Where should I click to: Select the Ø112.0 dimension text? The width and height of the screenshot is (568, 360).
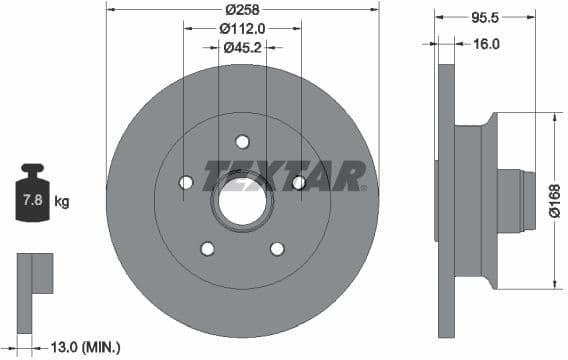click(242, 28)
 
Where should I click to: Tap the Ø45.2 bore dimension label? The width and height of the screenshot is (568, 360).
click(242, 47)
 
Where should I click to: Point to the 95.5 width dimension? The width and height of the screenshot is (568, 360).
click(485, 17)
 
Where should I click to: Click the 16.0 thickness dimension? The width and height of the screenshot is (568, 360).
click(486, 44)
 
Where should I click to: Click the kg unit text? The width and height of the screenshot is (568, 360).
click(62, 202)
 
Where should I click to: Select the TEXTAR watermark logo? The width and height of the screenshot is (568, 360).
click(285, 176)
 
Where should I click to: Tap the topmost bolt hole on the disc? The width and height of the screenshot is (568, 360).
click(242, 141)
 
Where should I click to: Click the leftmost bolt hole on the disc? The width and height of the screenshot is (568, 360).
click(185, 182)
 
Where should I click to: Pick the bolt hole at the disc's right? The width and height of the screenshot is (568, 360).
click(298, 182)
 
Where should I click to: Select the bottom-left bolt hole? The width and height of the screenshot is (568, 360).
click(207, 248)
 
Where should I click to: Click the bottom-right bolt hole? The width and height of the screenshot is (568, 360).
click(277, 248)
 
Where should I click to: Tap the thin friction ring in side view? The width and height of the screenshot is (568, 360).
click(446, 200)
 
